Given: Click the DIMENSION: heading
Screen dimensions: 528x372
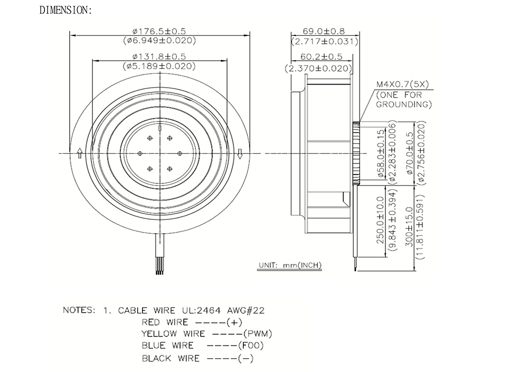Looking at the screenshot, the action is pos(65,10).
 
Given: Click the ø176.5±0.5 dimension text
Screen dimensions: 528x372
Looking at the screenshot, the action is pos(159,31).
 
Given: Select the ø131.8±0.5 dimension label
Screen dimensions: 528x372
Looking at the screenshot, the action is pos(159,56).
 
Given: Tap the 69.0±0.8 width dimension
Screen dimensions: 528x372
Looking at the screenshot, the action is pos(324,31).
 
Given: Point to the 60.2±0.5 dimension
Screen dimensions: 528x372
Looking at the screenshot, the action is pos(321,56).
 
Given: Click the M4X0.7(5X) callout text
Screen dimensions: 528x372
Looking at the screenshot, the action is pos(402,84).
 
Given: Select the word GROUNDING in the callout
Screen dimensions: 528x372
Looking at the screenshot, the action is pos(404,105).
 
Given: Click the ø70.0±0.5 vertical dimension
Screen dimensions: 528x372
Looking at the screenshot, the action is pos(410,153).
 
